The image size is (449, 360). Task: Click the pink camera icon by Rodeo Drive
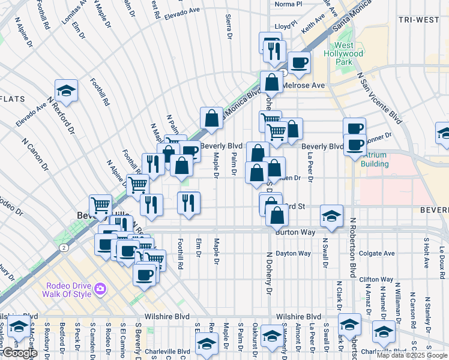click(100, 289)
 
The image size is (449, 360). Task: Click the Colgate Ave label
click(377, 253)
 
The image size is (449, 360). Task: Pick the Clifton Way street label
click(376, 279)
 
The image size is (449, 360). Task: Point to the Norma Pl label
click(286, 4)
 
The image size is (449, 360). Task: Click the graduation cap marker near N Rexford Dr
click(66, 91)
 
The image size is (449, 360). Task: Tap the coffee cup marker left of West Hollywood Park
click(298, 62)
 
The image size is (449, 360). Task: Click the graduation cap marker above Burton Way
click(331, 215)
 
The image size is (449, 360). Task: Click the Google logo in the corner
click(20, 353)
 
